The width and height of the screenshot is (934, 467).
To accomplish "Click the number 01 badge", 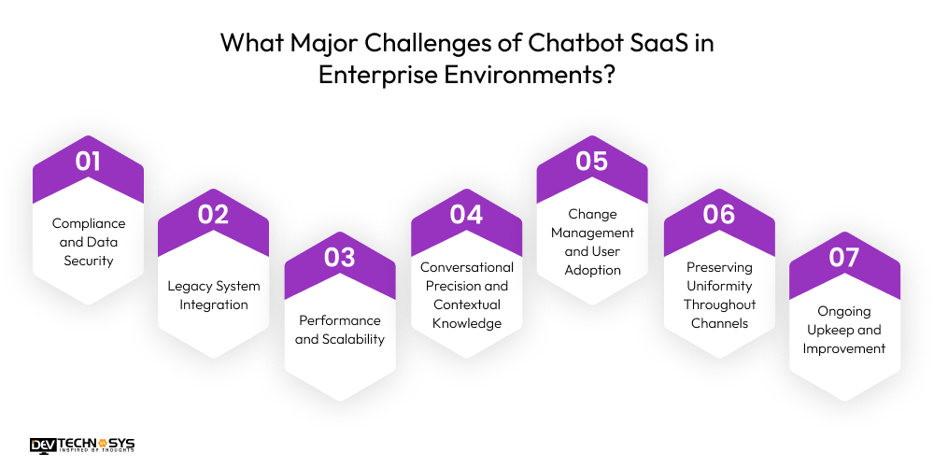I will [88, 162].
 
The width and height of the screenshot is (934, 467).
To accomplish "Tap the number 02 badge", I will [213, 215].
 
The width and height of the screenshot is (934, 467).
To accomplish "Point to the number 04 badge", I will [466, 215].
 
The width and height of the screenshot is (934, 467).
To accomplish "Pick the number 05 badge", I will [592, 162].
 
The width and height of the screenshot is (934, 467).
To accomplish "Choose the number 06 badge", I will [718, 215].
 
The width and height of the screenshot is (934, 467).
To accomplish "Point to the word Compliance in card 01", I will [88, 223].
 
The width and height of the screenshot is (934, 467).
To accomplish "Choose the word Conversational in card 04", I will [466, 267].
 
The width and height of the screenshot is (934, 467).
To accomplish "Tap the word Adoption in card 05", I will [592, 270].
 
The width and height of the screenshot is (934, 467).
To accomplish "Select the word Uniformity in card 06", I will [718, 286].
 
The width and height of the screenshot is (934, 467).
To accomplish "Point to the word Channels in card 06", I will [718, 323].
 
